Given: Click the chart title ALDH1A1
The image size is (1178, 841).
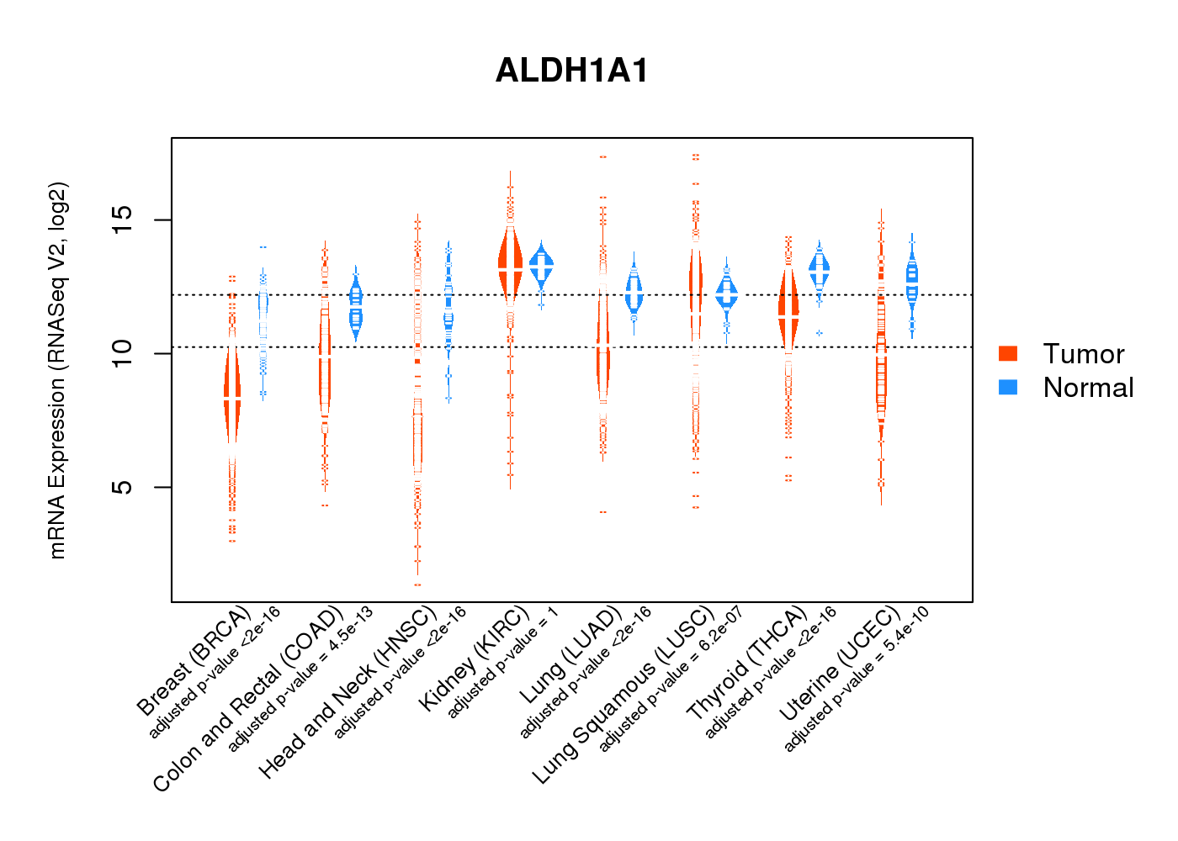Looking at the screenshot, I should [572, 71].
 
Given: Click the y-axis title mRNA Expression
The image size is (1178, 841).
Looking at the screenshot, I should [57, 370].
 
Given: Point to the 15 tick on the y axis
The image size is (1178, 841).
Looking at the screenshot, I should [123, 220].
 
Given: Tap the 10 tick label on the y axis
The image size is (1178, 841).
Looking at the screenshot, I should [123, 353].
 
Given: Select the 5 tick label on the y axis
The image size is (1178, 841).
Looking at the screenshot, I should [123, 487].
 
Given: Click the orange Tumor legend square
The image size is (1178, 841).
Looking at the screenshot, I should [1008, 353].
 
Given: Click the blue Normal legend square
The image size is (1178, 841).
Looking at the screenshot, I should [1008, 387].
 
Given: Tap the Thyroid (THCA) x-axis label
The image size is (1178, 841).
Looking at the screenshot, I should [746, 663].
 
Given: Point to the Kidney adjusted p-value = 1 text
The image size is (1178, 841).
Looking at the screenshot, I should [502, 673].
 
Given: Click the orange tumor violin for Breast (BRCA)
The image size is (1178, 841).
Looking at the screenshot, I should [232, 395].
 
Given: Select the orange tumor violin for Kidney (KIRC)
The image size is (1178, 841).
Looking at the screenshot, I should [510, 265].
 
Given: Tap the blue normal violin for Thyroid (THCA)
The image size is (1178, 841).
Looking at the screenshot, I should [819, 267].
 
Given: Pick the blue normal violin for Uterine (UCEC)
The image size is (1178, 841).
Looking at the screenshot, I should [912, 282].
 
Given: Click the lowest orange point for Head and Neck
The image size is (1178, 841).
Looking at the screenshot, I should [417, 584].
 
